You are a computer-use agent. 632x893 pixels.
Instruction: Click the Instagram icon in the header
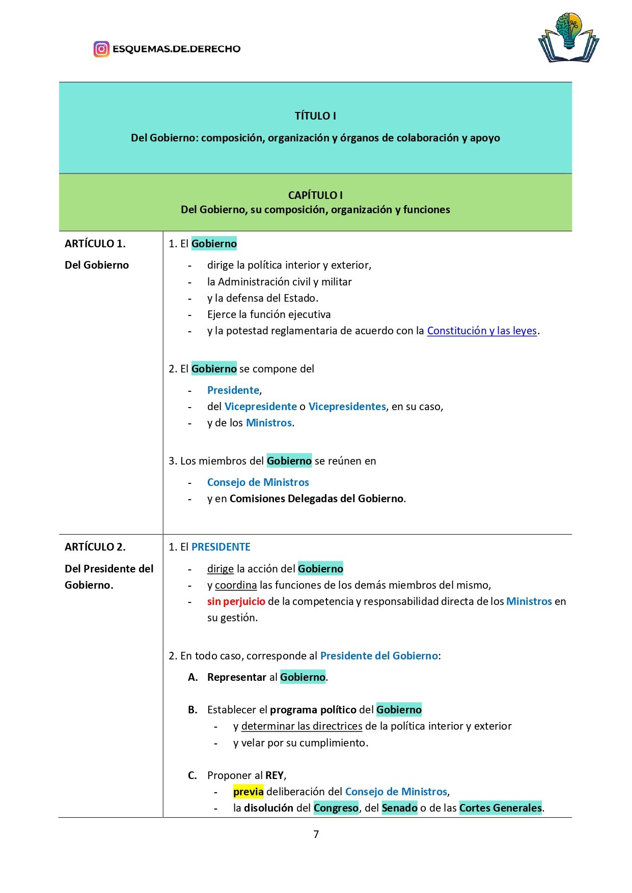[x=101, y=49]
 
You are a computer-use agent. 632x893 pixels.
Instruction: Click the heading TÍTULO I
[x=315, y=116]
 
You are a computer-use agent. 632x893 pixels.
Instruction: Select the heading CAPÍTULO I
[x=315, y=195]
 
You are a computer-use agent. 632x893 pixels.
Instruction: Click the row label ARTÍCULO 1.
[x=95, y=244]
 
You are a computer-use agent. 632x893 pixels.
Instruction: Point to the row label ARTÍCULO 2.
[x=95, y=547]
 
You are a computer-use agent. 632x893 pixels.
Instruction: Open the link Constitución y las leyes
[x=482, y=331]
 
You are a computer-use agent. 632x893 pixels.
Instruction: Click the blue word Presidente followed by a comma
[x=233, y=390]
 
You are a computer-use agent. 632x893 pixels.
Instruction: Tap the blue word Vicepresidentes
[x=347, y=407]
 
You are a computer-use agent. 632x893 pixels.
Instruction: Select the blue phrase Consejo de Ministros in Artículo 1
[x=258, y=482]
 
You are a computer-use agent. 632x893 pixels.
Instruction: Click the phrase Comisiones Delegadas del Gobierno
[x=316, y=499]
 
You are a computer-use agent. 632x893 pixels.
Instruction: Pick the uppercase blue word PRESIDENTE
[x=221, y=547]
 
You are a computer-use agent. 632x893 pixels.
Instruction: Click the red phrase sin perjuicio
[x=236, y=601]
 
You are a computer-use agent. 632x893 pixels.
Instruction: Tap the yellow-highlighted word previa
[x=249, y=792]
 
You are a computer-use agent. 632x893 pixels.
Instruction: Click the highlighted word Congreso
[x=336, y=808]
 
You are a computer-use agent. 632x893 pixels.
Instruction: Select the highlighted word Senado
[x=400, y=808]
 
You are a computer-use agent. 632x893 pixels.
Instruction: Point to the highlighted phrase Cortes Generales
[x=501, y=808]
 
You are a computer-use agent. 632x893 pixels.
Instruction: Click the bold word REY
[x=274, y=775]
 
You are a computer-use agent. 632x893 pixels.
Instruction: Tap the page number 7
[x=316, y=834]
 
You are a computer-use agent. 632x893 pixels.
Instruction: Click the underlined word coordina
[x=236, y=585]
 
